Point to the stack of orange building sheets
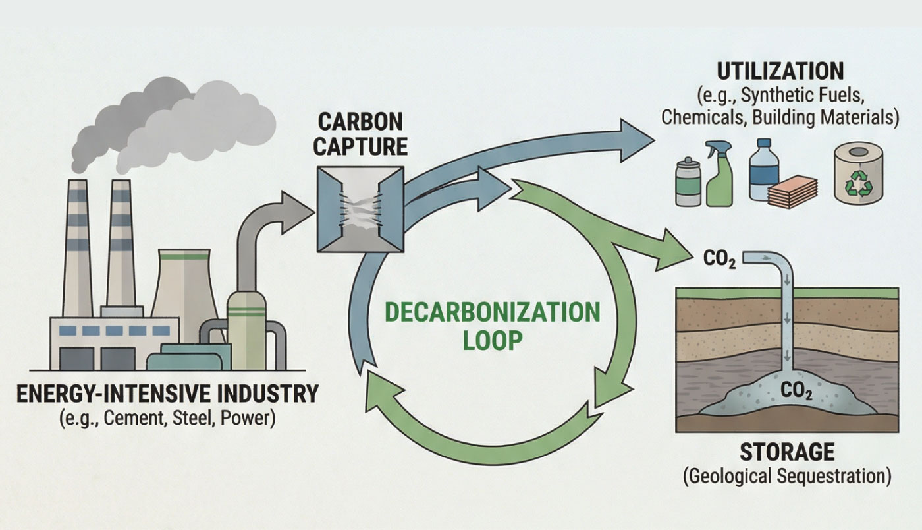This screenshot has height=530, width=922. pos(794,191)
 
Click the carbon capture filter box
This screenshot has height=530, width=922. pos(360,208)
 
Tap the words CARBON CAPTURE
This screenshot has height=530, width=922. pos(360,135)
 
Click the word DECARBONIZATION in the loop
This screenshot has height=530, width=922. pos(492,312)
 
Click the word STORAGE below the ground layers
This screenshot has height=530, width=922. pos(787,453)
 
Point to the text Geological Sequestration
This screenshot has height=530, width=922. pos(787,476)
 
